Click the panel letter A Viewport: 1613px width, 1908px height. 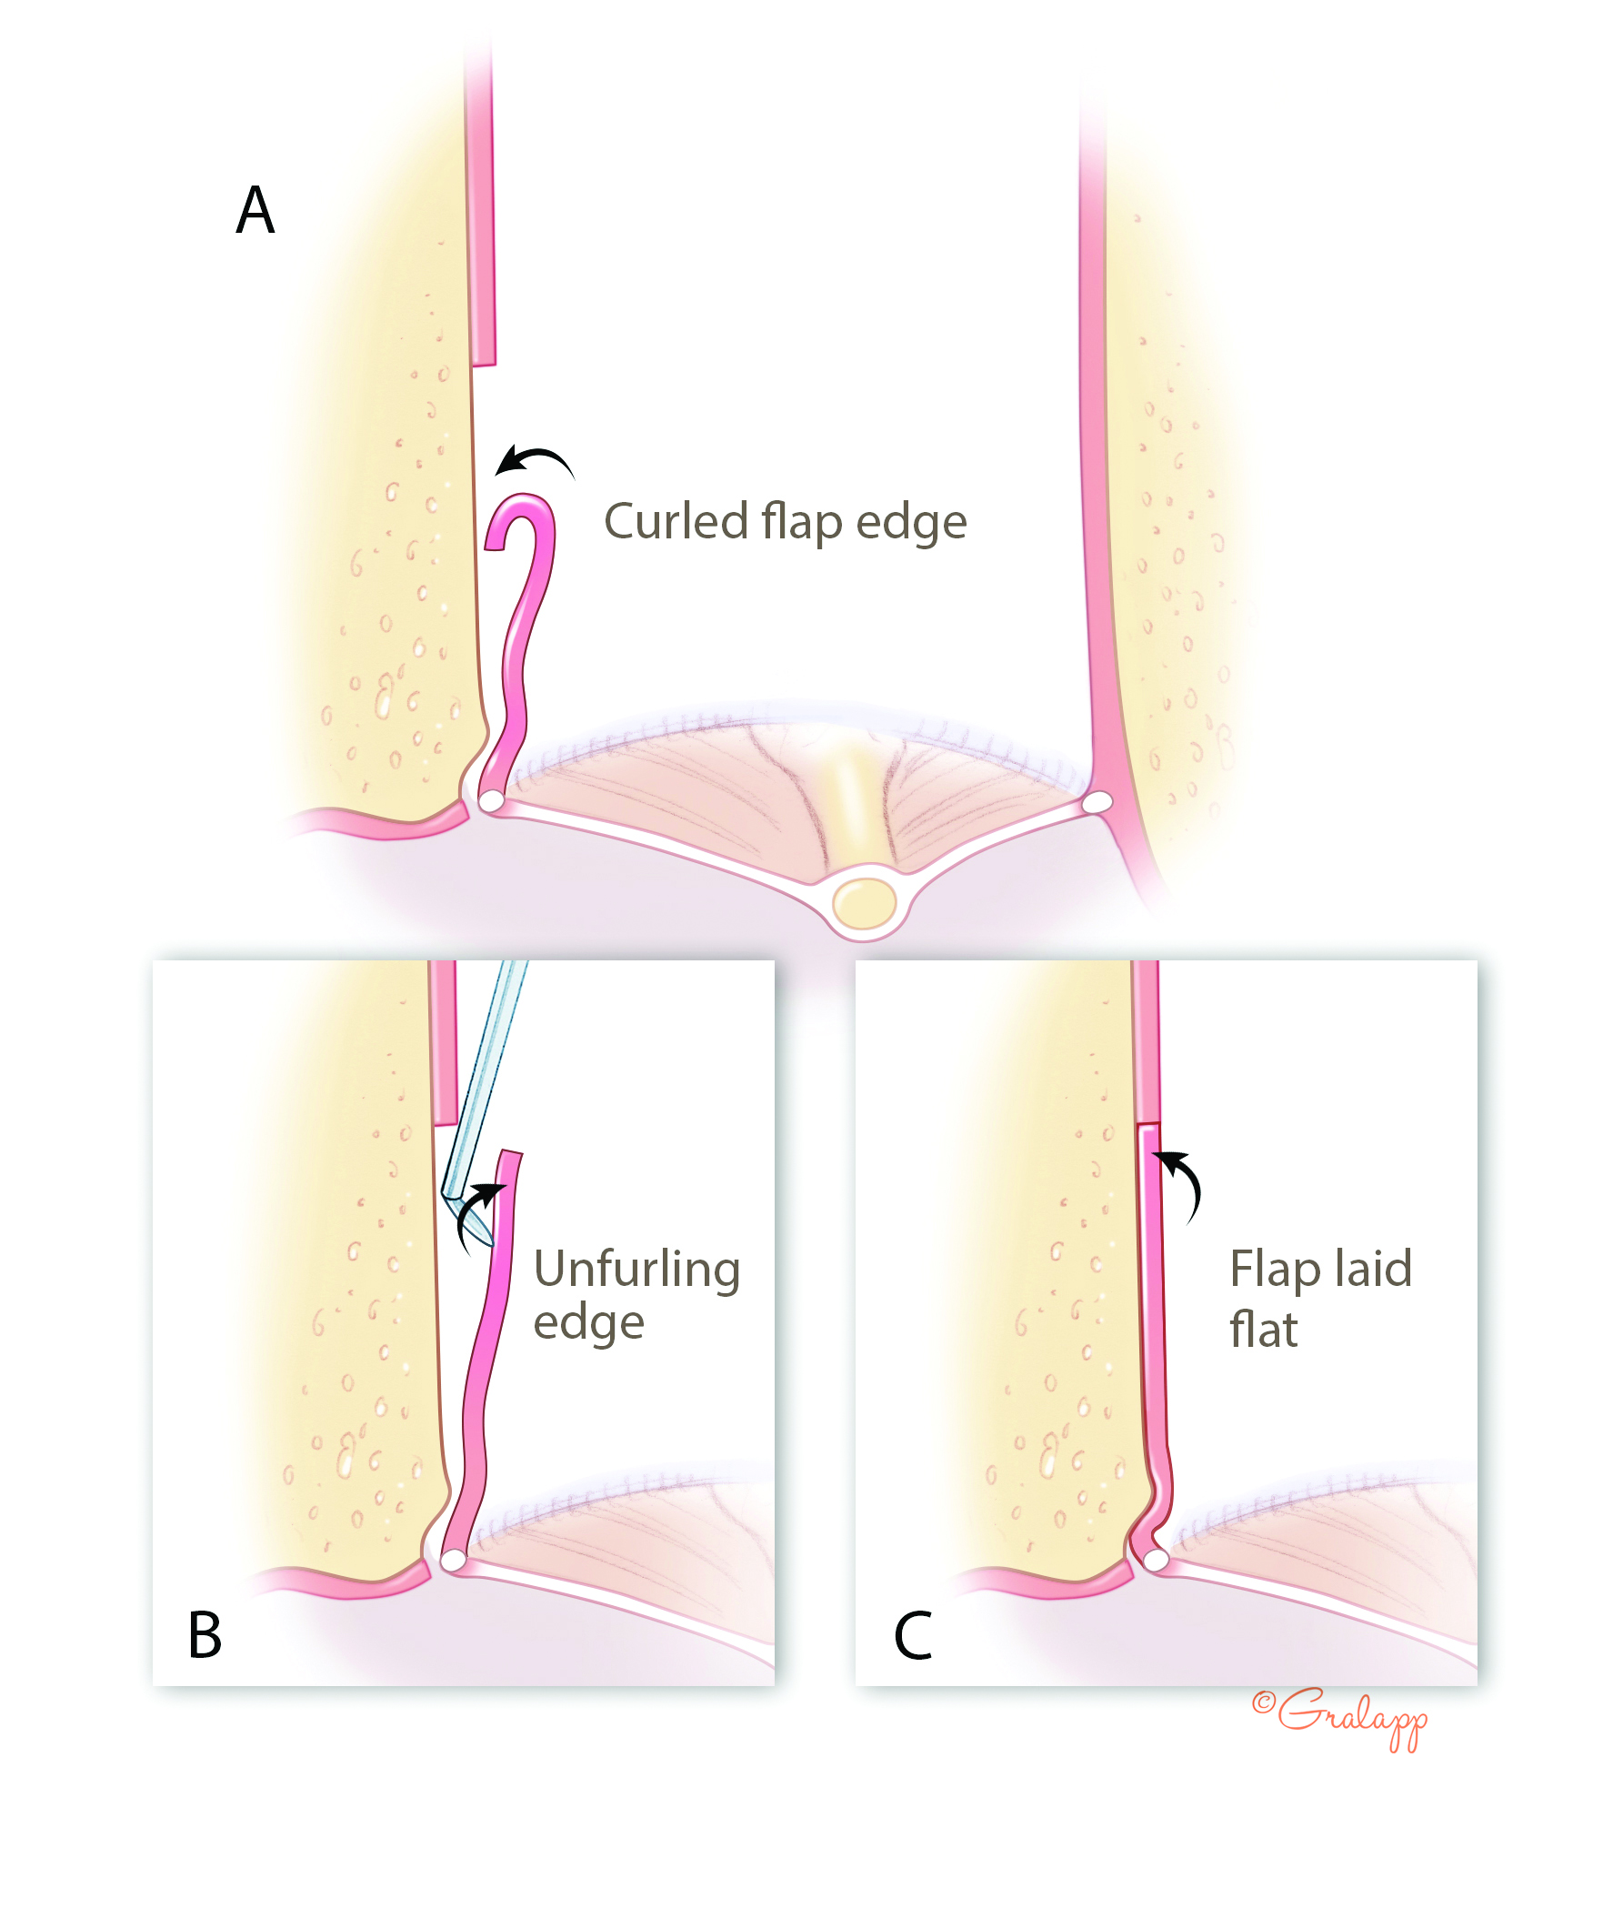point(255,209)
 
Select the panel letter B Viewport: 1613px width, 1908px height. point(205,1634)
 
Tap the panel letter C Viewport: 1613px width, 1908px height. point(913,1635)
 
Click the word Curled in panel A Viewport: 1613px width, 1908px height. point(676,522)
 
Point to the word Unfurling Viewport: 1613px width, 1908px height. point(636,1270)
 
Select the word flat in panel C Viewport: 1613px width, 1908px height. point(1263,1330)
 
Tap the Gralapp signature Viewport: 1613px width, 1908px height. point(1341,1716)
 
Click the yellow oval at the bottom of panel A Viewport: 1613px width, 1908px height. point(864,903)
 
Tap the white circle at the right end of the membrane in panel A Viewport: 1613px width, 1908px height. point(1097,802)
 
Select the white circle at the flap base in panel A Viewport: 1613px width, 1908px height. point(492,801)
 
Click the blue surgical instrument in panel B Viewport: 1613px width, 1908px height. point(486,1089)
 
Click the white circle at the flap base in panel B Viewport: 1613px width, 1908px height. point(453,1560)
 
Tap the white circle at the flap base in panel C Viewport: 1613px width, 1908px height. point(1156,1560)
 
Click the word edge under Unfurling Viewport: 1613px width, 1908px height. point(589,1324)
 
